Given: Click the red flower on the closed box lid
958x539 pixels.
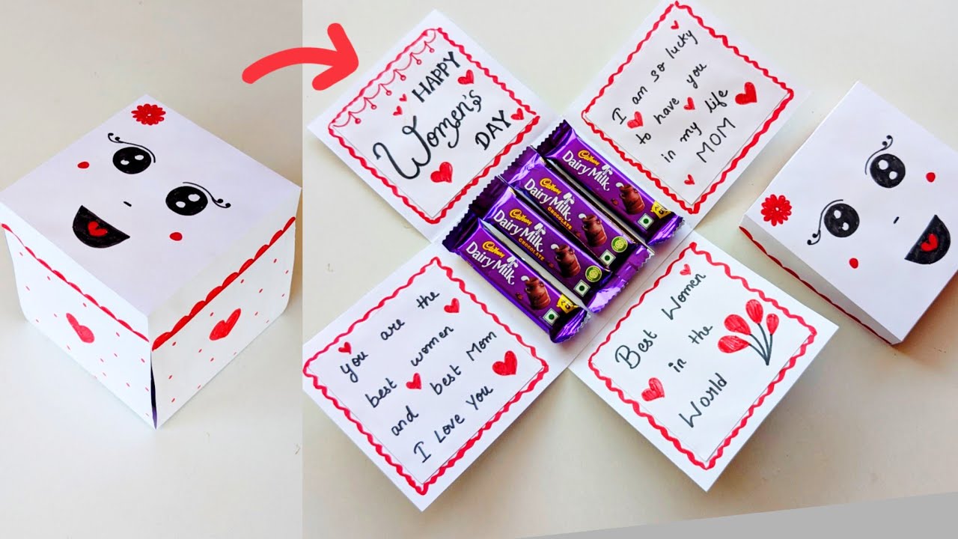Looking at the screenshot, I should (147, 114).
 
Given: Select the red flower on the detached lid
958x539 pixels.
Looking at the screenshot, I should (776, 210).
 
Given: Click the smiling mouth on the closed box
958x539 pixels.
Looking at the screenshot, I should (100, 227).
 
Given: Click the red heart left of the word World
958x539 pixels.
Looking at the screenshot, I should (653, 389).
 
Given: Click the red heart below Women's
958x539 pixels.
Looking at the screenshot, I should (442, 172).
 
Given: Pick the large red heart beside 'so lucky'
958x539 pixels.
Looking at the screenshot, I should (745, 94).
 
